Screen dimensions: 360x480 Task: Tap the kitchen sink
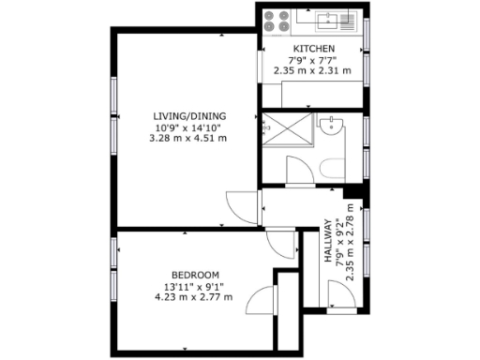(327, 17)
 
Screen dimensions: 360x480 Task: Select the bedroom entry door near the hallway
(280, 244)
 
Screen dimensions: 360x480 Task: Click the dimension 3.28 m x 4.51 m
(188, 138)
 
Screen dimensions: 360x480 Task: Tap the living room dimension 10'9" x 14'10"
(188, 127)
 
